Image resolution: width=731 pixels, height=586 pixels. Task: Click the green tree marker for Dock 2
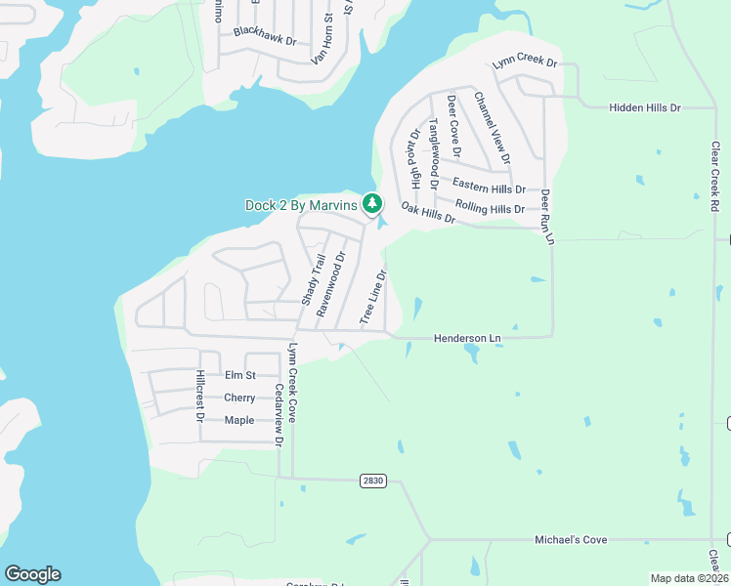pos(371,204)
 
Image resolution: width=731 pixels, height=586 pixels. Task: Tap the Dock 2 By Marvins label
pos(301,205)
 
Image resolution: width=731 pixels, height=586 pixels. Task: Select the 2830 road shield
pos(372,480)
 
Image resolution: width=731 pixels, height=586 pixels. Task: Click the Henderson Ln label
pos(466,338)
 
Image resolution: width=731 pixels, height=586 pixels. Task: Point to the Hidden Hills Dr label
pos(644,106)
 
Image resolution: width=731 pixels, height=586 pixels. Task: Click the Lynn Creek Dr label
pos(524,63)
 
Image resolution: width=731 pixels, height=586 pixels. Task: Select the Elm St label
pos(239,375)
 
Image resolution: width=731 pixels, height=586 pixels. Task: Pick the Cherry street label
pos(239,398)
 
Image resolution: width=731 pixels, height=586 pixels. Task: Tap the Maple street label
pos(239,420)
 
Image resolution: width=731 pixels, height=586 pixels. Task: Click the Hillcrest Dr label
pos(199,396)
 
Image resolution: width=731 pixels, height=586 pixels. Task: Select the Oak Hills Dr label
pos(428,212)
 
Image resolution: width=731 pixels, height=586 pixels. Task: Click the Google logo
pos(32,574)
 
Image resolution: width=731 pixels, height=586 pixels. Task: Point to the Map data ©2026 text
pos(688,578)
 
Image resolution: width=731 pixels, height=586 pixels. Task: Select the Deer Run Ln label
pos(547,217)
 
